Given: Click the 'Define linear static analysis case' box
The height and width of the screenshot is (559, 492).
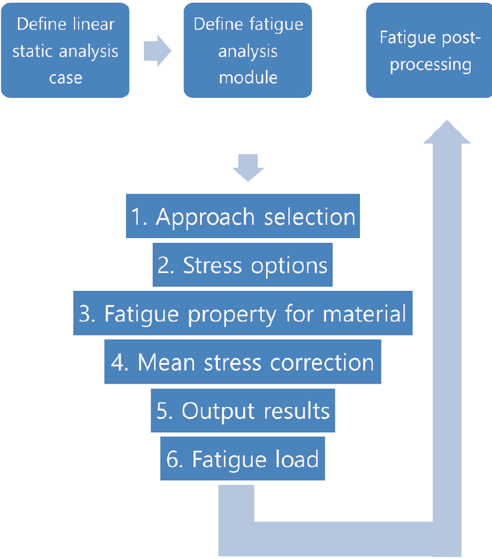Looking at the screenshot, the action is click(65, 50).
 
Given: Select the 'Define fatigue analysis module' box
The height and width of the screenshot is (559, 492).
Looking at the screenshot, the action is click(248, 50).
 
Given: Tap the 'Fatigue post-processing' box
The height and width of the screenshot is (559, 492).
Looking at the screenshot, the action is click(429, 50).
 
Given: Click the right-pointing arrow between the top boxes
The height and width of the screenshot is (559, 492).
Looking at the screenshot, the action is click(157, 51).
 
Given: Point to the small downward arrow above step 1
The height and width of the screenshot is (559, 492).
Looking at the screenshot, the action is click(248, 167).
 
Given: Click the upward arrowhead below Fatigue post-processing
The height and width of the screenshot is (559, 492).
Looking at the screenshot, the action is click(447, 132).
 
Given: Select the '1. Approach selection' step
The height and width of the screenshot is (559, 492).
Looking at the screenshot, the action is click(243, 216).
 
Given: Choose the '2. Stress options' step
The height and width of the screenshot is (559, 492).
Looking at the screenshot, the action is click(243, 265).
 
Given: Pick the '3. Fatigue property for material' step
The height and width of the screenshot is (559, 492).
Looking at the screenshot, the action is click(243, 313).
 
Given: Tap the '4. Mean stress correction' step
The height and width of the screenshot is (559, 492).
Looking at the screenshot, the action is click(243, 362).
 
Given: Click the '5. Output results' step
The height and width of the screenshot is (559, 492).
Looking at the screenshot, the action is click(243, 410).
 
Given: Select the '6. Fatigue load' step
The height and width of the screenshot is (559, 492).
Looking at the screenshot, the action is click(243, 458).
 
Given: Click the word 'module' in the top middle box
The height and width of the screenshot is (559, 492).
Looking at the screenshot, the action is click(248, 77).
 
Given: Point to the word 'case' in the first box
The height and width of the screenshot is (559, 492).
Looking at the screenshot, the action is click(65, 78).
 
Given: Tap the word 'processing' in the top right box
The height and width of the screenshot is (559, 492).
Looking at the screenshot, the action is click(431, 65).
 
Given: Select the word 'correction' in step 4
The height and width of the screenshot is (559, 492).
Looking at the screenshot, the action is click(322, 363).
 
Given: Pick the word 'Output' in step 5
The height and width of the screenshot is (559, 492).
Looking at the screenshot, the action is click(218, 411).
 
